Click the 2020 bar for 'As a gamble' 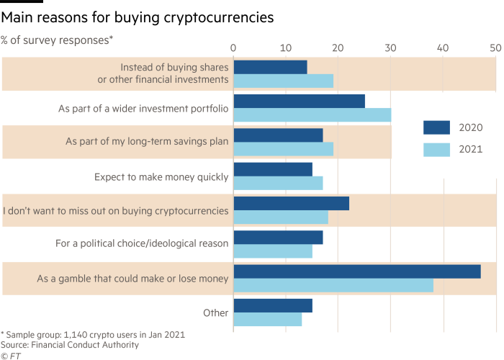(x=357, y=271)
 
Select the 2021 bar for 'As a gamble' (x=333, y=285)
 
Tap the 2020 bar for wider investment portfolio (x=300, y=101)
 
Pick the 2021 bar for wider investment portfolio (x=312, y=114)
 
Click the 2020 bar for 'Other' (x=273, y=306)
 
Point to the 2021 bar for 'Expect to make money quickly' (x=278, y=183)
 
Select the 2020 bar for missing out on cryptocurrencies (x=291, y=204)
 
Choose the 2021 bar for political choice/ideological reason (x=273, y=251)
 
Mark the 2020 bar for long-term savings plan (x=278, y=135)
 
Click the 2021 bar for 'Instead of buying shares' (x=283, y=81)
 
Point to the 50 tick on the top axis (x=495, y=48)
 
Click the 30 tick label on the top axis (x=390, y=48)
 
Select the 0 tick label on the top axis (x=234, y=48)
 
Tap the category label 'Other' (x=216, y=313)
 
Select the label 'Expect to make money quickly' (x=161, y=176)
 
